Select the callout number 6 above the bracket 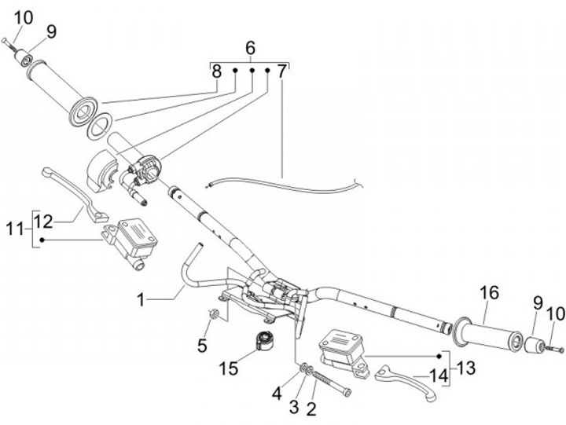pyautogui.click(x=251, y=48)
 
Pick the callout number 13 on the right pyautogui.click(x=466, y=367)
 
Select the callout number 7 pyautogui.click(x=281, y=71)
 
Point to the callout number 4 pyautogui.click(x=276, y=390)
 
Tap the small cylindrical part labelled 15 pyautogui.click(x=263, y=343)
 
